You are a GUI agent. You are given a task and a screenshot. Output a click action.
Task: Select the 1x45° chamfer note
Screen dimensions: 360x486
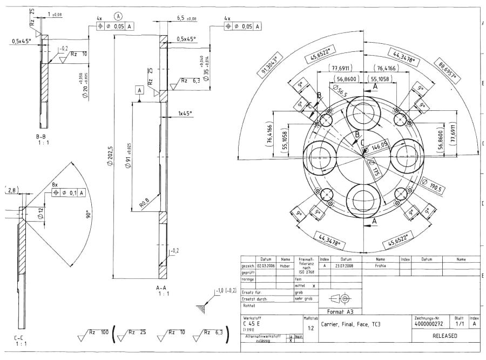point(186,114)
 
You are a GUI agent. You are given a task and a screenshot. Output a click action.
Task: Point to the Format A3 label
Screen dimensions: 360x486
point(339,311)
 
